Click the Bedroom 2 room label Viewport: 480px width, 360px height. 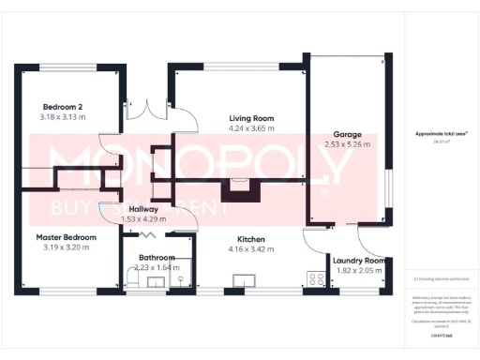(62, 106)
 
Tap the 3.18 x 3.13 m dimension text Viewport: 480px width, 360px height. (62, 117)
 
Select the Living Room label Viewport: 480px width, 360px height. (251, 118)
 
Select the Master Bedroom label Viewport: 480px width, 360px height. (67, 237)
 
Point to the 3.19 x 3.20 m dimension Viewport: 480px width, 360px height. (67, 247)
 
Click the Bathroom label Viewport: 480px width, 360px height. (157, 257)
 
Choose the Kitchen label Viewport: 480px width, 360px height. (251, 239)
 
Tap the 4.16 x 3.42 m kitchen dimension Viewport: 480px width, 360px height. (251, 249)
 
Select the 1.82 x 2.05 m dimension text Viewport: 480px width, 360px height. (356, 271)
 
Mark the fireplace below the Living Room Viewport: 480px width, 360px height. (242, 188)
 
